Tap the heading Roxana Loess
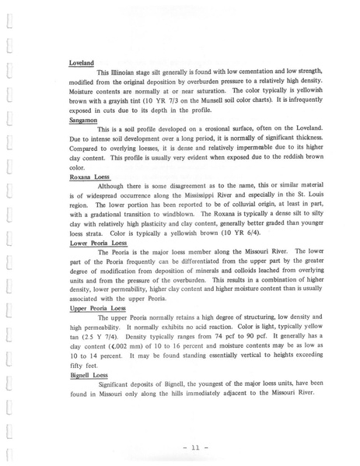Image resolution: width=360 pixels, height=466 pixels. coord(89,176)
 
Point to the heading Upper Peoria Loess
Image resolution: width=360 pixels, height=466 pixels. coord(97,308)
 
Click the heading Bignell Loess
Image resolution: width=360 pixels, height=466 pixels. coord(89,374)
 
